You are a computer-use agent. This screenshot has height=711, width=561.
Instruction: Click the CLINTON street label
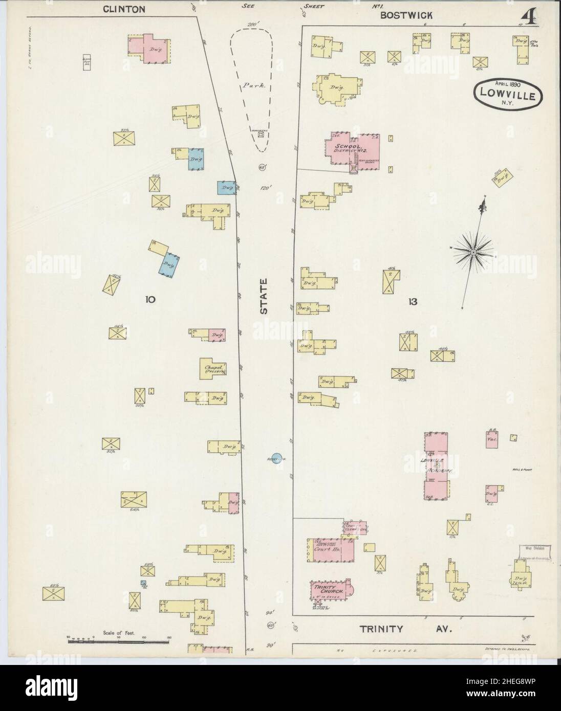[x=124, y=9]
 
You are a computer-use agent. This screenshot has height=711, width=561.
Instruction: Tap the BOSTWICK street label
[x=406, y=15]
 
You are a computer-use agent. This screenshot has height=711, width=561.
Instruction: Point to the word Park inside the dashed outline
[x=255, y=86]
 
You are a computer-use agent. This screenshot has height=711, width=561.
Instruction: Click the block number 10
[x=149, y=299]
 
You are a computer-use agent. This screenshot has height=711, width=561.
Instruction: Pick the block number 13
[x=413, y=302]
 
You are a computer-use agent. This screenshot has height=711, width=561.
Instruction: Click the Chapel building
[x=213, y=369]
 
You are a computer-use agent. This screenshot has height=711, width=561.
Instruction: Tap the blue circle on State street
[x=276, y=459]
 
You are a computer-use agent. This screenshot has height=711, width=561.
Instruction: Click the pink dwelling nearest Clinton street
[x=149, y=49]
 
